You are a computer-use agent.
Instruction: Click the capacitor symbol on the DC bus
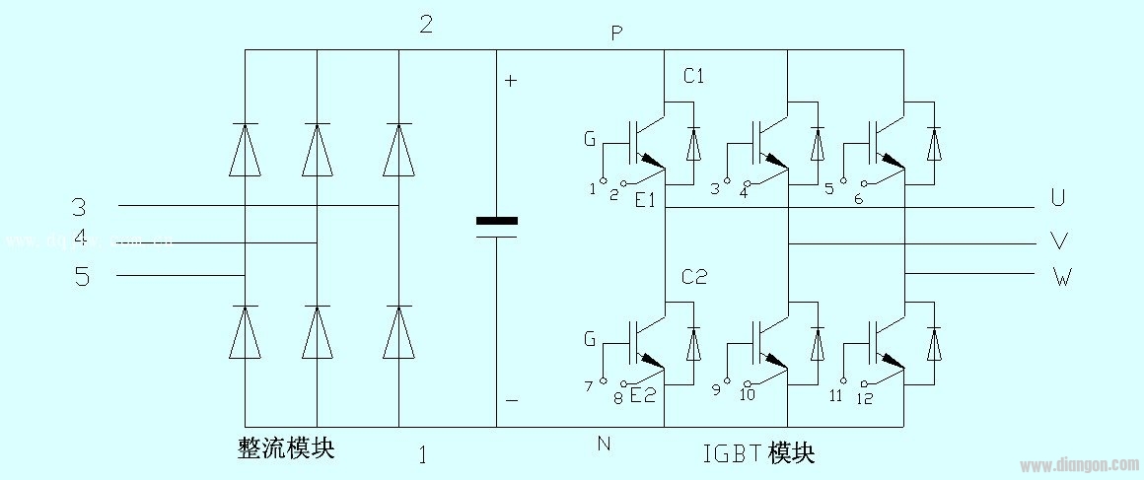pos(496,227)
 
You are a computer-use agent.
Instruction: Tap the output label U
pos(1058,199)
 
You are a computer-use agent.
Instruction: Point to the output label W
pos(1061,277)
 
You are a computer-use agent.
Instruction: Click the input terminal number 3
pos(79,207)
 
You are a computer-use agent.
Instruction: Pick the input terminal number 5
pos(82,277)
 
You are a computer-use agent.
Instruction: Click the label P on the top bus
pos(616,34)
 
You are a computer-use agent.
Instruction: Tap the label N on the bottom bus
pos(604,444)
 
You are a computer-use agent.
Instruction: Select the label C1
pos(693,77)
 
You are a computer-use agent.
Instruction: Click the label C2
pos(694,277)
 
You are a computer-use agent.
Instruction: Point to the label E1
pos(646,201)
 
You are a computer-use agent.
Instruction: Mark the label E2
pos(642,396)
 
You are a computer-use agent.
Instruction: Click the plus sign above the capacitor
pos(511,81)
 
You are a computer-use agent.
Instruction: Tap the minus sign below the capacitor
pos(511,401)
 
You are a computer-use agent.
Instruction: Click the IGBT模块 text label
pos(758,453)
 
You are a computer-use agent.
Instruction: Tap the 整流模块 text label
pos(286,448)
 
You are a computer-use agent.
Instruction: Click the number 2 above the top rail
pos(426,25)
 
